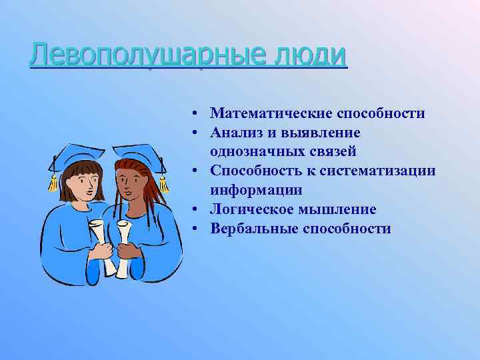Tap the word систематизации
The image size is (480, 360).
[377, 171]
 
